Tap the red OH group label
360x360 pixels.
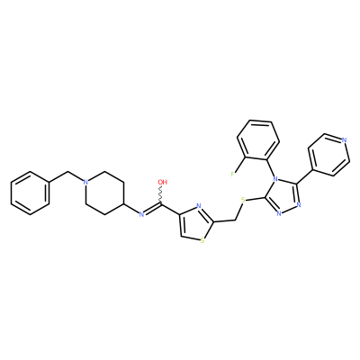[163, 182]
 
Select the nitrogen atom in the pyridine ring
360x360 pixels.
[344, 139]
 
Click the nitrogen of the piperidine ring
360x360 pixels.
[85, 182]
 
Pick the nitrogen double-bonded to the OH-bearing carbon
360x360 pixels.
[142, 214]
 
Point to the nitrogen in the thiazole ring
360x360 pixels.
[198, 206]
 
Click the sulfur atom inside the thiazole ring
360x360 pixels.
[202, 240]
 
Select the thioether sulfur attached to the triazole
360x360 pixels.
[243, 200]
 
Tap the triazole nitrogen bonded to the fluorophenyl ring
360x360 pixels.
[273, 181]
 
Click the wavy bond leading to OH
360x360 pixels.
[162, 195]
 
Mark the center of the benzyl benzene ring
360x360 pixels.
[30, 193]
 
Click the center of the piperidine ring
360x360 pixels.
[104, 193]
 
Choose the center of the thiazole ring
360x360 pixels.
[196, 223]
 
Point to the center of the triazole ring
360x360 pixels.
[283, 198]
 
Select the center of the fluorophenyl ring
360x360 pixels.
[258, 139]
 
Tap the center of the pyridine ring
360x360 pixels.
[329, 155]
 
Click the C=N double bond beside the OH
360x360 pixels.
[153, 209]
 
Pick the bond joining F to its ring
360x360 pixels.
[240, 165]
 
